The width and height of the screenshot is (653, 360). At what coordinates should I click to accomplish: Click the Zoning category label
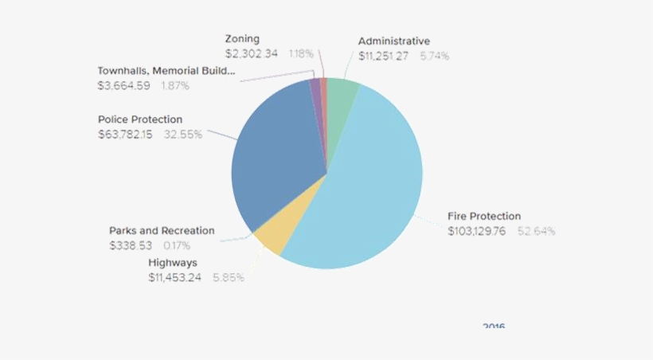242,38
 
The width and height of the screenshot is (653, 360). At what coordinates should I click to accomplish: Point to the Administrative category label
393,41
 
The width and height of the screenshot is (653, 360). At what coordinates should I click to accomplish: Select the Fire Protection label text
484,216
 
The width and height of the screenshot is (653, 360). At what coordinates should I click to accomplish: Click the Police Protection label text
140,119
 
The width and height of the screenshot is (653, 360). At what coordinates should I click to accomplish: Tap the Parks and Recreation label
162,230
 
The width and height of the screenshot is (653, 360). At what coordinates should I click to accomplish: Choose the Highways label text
173,262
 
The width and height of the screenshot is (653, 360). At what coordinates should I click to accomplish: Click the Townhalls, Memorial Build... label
166,70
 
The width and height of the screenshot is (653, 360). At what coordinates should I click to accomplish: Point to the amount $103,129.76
476,232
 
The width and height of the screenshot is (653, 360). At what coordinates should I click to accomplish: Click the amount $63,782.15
125,135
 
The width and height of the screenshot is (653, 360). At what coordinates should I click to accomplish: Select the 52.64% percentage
536,232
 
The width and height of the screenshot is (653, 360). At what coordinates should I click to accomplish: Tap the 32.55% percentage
183,135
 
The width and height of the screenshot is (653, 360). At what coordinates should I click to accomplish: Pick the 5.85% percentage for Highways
229,278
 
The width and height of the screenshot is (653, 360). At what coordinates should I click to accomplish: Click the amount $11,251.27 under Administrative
384,56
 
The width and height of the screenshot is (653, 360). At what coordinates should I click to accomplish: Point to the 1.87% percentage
175,85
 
